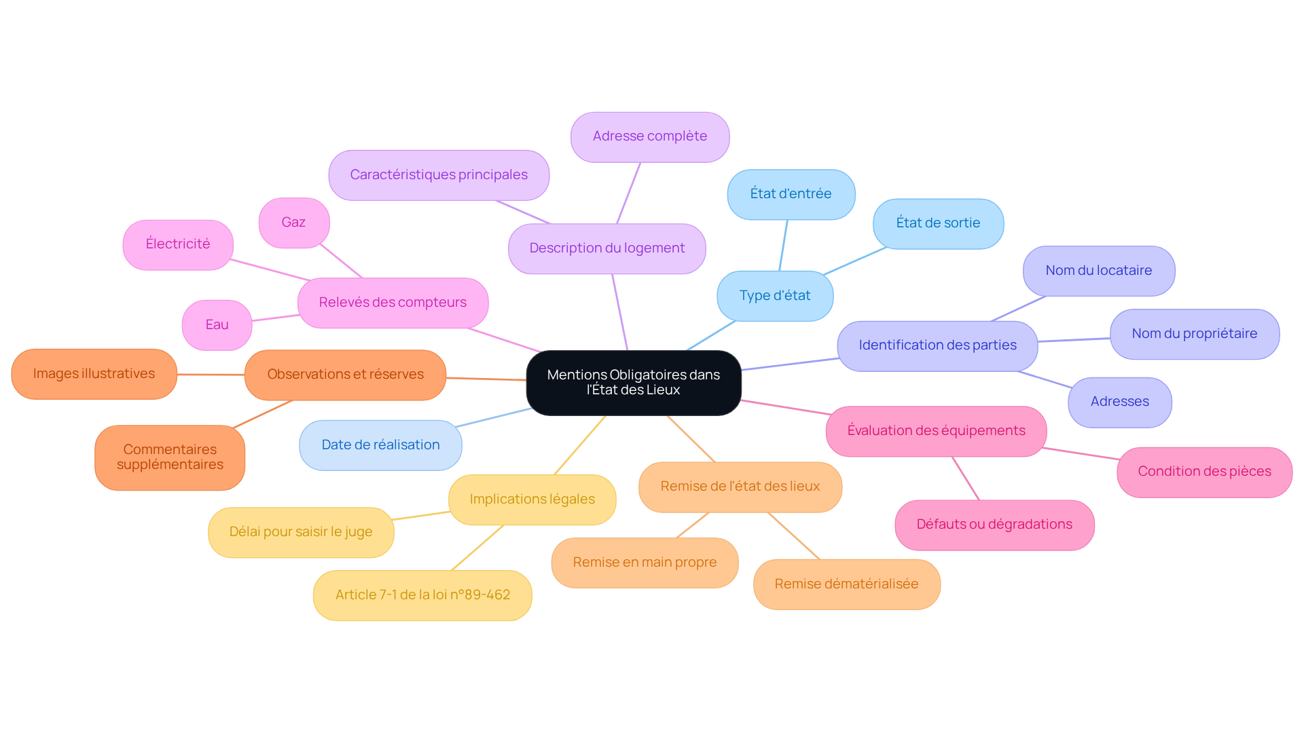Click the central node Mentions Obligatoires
(x=633, y=382)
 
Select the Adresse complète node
(x=650, y=136)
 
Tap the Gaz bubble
(x=293, y=223)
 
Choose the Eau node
(x=217, y=325)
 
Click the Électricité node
(x=178, y=244)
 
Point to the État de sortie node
(x=938, y=223)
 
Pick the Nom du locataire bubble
(x=1098, y=271)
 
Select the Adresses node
(x=1119, y=402)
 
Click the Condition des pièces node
(x=1204, y=472)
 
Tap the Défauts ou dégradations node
(x=994, y=525)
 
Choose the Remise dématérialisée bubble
(x=846, y=584)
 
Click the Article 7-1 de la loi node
(x=422, y=595)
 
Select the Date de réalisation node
(x=380, y=445)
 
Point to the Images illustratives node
(x=94, y=374)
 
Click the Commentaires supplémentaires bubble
(x=170, y=457)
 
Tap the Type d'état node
(x=775, y=296)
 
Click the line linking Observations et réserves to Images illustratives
(x=211, y=375)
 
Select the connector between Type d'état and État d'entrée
(x=783, y=246)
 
